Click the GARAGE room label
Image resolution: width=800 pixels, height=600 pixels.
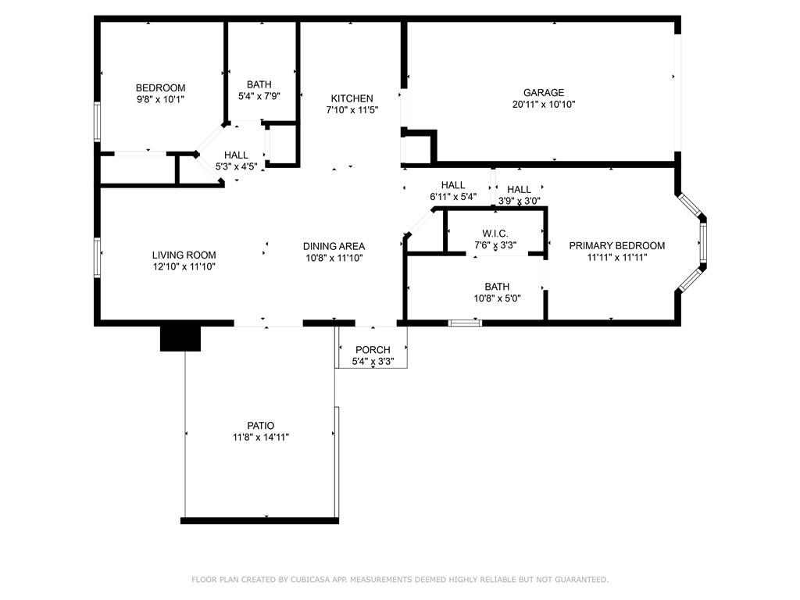[544, 93]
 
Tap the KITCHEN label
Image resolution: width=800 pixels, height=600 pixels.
[352, 98]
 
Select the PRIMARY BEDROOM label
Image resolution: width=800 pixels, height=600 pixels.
[616, 245]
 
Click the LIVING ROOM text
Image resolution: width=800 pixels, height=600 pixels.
[184, 255]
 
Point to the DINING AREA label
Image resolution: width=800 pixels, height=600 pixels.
[334, 246]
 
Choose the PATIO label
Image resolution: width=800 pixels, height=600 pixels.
[261, 426]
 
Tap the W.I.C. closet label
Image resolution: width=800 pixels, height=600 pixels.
[495, 234]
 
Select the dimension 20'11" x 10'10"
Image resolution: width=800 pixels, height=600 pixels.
[544, 105]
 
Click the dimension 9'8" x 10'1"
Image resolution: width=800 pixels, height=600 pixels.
[161, 99]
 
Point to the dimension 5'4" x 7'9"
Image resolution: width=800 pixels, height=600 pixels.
[259, 96]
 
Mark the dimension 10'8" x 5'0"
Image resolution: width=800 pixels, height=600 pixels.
[497, 298]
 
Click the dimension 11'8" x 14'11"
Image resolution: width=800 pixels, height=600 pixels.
[261, 437]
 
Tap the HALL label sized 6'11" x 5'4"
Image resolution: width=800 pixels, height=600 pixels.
[453, 185]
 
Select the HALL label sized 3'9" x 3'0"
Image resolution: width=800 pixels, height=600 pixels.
[519, 189]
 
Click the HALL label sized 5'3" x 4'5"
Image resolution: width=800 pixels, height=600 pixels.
[236, 155]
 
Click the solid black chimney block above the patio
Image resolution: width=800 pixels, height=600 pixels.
[180, 337]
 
